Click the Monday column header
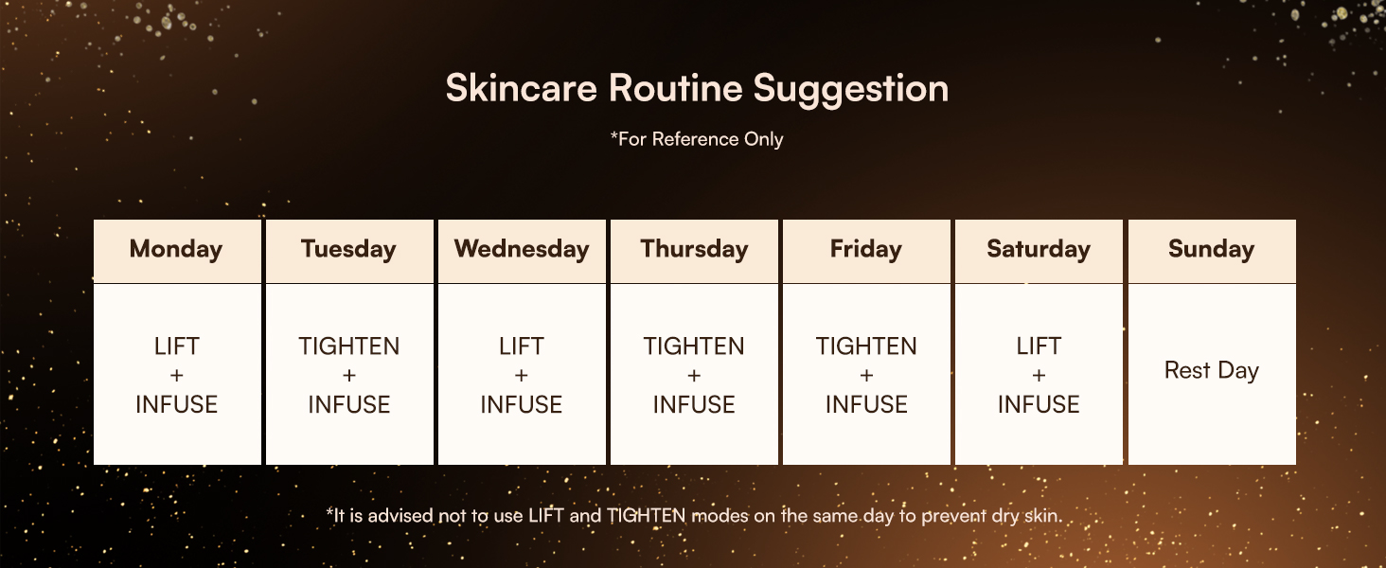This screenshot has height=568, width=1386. tap(176, 249)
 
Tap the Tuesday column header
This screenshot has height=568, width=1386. tap(349, 249)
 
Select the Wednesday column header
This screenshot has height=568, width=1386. tap(522, 249)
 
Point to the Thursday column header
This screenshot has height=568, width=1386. tap(694, 249)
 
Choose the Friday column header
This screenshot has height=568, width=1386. tap(866, 249)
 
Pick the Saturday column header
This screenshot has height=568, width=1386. tap(1039, 249)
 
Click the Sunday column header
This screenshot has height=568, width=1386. tap(1212, 249)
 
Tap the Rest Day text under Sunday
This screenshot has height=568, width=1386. tap(1212, 371)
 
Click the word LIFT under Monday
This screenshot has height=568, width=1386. tap(177, 346)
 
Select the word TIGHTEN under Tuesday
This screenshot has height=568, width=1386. tap(349, 346)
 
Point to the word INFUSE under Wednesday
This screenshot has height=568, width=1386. tap(522, 404)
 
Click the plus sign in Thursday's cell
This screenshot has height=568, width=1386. tap(694, 375)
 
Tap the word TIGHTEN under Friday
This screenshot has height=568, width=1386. tap(866, 346)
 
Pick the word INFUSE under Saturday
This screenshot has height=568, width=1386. tap(1039, 404)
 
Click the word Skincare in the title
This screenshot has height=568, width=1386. tap(522, 88)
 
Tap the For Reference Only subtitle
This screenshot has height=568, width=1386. tap(697, 139)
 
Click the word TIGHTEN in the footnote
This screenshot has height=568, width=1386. tap(646, 515)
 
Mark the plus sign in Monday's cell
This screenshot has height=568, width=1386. tap(177, 375)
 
